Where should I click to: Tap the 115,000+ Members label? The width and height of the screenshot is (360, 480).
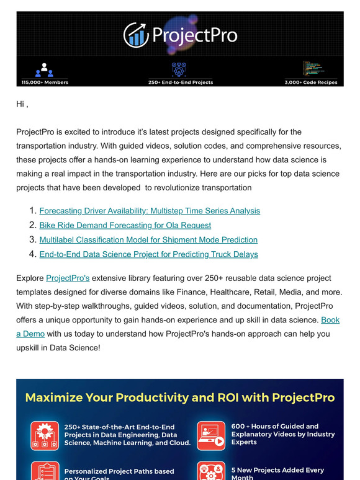(45, 82)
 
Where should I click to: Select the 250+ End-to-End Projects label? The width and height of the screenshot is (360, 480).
(181, 82)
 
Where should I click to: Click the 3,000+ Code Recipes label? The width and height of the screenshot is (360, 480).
(311, 82)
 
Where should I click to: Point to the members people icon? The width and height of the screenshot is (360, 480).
(44, 69)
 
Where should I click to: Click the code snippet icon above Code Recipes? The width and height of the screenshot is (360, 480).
(311, 68)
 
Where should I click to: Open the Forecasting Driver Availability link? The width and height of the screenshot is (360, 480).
(150, 211)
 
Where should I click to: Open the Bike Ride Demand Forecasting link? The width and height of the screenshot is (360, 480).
(125, 225)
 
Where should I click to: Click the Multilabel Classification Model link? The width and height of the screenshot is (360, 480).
(148, 239)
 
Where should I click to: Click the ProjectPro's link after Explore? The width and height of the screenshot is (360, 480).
(68, 278)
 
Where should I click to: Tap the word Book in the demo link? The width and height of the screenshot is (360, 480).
(330, 320)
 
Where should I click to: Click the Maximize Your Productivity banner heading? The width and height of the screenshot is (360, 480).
(180, 398)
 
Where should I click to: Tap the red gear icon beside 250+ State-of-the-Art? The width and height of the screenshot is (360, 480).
(45, 435)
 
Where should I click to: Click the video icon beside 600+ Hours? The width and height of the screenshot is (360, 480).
(211, 435)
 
